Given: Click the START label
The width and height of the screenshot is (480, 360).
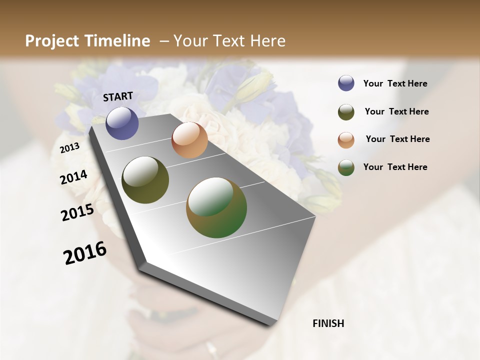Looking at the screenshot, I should click(x=118, y=96).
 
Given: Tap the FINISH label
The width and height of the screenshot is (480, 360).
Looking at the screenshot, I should click(x=328, y=323).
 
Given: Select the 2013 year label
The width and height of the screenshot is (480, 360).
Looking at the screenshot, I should click(x=69, y=148).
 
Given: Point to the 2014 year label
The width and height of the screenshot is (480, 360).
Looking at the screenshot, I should click(x=73, y=177).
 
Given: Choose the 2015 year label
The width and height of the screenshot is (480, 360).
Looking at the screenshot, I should click(x=77, y=212).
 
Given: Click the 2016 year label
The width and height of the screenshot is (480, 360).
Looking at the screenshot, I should click(x=85, y=253).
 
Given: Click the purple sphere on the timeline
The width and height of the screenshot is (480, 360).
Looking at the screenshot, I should click(x=122, y=123).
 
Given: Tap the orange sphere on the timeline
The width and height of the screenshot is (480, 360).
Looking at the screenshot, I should click(x=189, y=140).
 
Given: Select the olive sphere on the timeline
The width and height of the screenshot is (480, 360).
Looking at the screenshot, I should click(x=145, y=180).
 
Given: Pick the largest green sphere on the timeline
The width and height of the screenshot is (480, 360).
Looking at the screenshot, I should click(x=216, y=207).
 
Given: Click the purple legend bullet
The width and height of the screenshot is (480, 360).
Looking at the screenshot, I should click(x=346, y=83).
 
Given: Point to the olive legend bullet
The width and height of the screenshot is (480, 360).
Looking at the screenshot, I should click(x=346, y=112).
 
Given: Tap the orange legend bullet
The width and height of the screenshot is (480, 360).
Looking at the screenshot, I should click(x=346, y=139).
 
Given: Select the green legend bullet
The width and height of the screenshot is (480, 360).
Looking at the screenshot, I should click(x=346, y=167).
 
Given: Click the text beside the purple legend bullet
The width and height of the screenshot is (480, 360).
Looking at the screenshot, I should click(x=395, y=83).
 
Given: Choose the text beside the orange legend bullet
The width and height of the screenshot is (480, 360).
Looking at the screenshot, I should click(x=398, y=139).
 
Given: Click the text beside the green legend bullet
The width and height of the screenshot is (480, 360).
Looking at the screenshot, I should click(x=395, y=167).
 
